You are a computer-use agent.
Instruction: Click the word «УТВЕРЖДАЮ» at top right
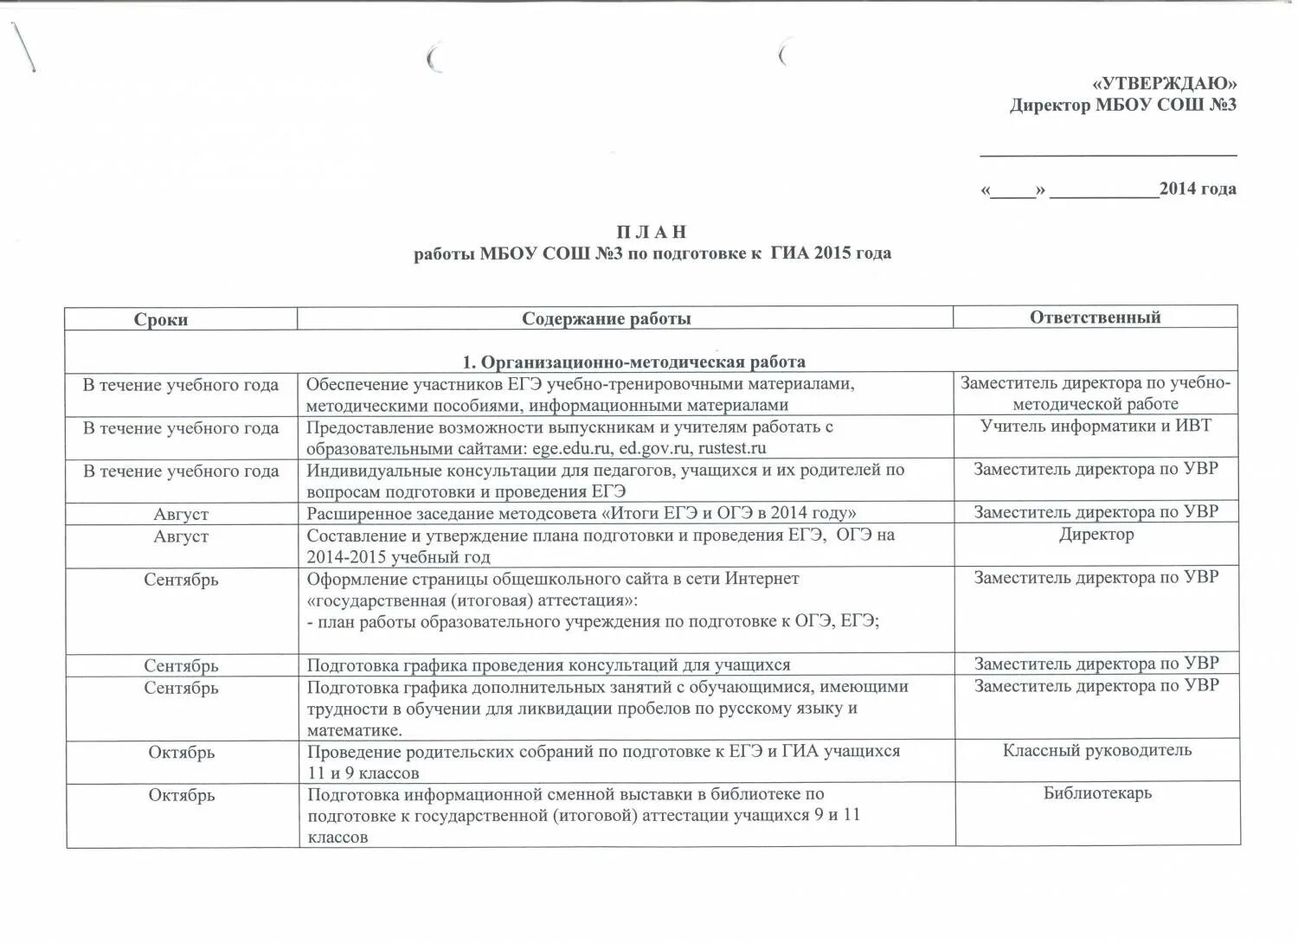tap(1164, 84)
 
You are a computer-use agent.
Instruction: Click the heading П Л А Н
tap(652, 232)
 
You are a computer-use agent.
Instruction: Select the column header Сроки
tap(161, 319)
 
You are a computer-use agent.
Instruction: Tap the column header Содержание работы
tap(607, 318)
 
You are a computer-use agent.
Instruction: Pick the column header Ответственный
tap(1095, 317)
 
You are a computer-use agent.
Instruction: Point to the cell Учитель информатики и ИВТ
tap(1096, 426)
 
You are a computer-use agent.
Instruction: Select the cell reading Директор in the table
tap(1096, 535)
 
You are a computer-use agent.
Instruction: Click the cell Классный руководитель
tap(1096, 750)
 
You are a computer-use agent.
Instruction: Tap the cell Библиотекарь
tap(1097, 792)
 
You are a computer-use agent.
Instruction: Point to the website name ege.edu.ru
tap(572, 448)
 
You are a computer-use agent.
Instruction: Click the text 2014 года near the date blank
tap(1198, 189)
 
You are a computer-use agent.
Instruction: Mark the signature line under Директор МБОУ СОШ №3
tap(1108, 154)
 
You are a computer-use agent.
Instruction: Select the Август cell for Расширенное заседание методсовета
tap(181, 514)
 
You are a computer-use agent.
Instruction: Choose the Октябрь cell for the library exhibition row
tap(181, 795)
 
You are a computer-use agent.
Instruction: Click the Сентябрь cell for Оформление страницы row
tap(181, 580)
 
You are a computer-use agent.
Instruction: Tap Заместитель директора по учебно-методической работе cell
tap(1096, 394)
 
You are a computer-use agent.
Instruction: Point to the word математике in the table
tap(354, 730)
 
